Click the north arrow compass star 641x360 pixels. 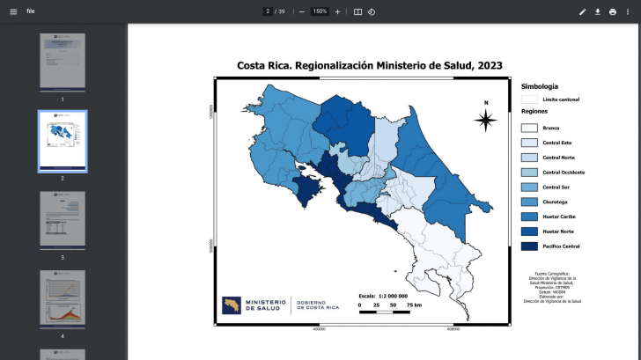coord(486,121)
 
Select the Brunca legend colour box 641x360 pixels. coord(529,128)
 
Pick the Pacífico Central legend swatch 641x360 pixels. coord(529,246)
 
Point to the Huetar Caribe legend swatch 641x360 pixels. coord(529,216)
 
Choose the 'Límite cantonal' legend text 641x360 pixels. coord(561,99)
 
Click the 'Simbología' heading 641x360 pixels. coord(540,86)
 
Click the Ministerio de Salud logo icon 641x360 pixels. coord(232,304)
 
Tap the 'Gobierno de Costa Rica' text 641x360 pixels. coord(318,305)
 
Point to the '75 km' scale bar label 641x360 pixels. coord(413,305)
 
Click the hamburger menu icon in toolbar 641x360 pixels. coord(13,11)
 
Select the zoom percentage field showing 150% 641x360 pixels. coord(319,11)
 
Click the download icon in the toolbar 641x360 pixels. coord(598,11)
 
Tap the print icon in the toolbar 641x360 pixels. coord(613,11)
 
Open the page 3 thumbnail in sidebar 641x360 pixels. coord(63,219)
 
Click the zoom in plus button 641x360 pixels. coord(337,11)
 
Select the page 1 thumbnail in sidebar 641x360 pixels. coord(63,61)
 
